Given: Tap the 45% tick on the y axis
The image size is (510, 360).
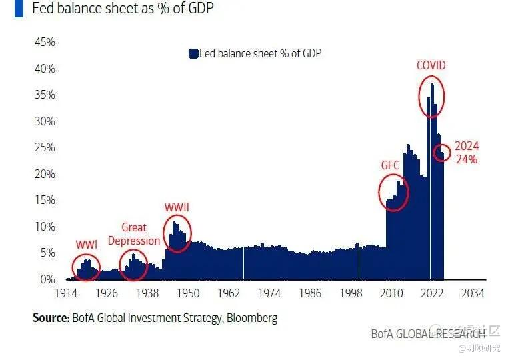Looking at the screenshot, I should [x=45, y=42].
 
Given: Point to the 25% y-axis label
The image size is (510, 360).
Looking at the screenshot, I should [x=45, y=147].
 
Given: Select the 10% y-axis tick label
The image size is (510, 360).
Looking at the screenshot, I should [x=45, y=227].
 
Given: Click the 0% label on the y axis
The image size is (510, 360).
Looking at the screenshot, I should [x=47, y=279].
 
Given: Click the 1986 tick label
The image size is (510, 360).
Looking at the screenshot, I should [x=310, y=293].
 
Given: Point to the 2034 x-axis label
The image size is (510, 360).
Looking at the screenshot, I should [x=473, y=293].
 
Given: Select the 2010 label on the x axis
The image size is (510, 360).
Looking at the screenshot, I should [x=391, y=293].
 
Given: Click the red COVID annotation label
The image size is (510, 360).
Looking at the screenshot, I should [x=431, y=65].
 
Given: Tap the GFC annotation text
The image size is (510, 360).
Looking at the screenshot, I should [x=390, y=165].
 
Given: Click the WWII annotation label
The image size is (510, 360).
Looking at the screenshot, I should [x=177, y=207].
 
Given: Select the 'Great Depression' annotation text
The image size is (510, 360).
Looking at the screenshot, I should [x=134, y=234].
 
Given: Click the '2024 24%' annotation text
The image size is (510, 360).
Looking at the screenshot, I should [x=467, y=153].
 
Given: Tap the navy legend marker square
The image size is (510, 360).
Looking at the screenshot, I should [x=193, y=53].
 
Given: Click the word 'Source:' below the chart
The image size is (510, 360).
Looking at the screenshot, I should [x=50, y=318].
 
